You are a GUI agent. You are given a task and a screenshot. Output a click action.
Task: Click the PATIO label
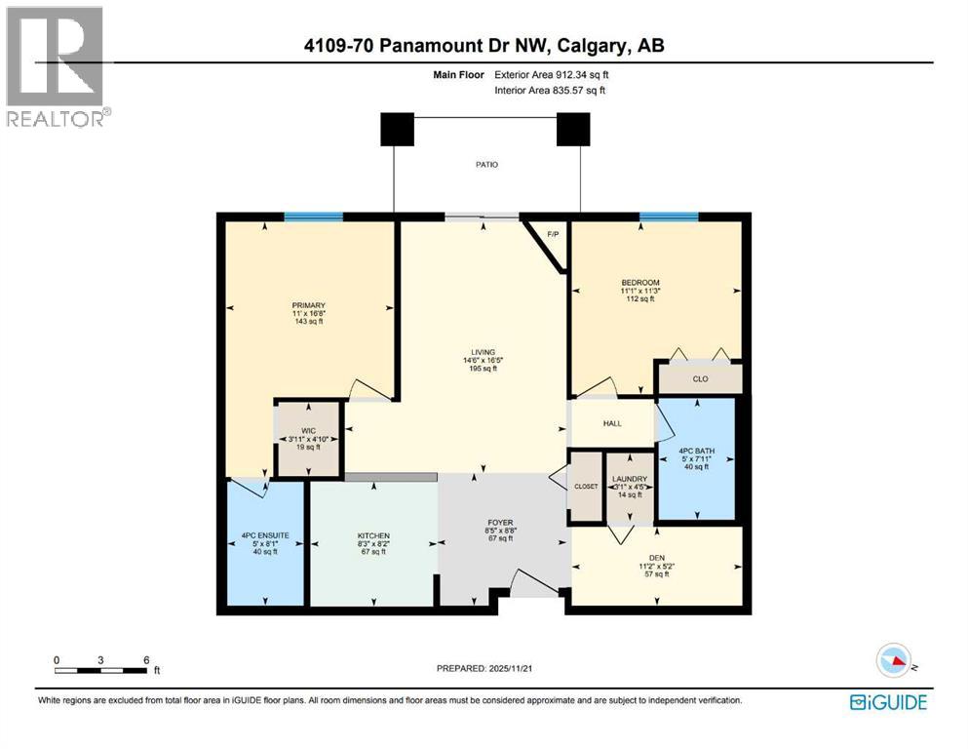coord(485,165)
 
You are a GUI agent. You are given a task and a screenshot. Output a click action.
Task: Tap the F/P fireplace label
coord(553,234)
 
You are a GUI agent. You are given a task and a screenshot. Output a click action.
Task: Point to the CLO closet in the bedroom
coord(699,378)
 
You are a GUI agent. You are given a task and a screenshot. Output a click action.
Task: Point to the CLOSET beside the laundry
coord(585,485)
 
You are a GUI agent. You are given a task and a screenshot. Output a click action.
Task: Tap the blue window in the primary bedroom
coord(313,217)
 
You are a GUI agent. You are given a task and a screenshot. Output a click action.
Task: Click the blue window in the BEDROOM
coord(668,217)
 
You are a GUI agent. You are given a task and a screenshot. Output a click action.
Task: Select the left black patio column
coord(397,129)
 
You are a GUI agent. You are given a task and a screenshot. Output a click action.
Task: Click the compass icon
coord(893,660)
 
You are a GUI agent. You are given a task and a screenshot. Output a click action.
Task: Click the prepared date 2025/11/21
coord(484,669)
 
